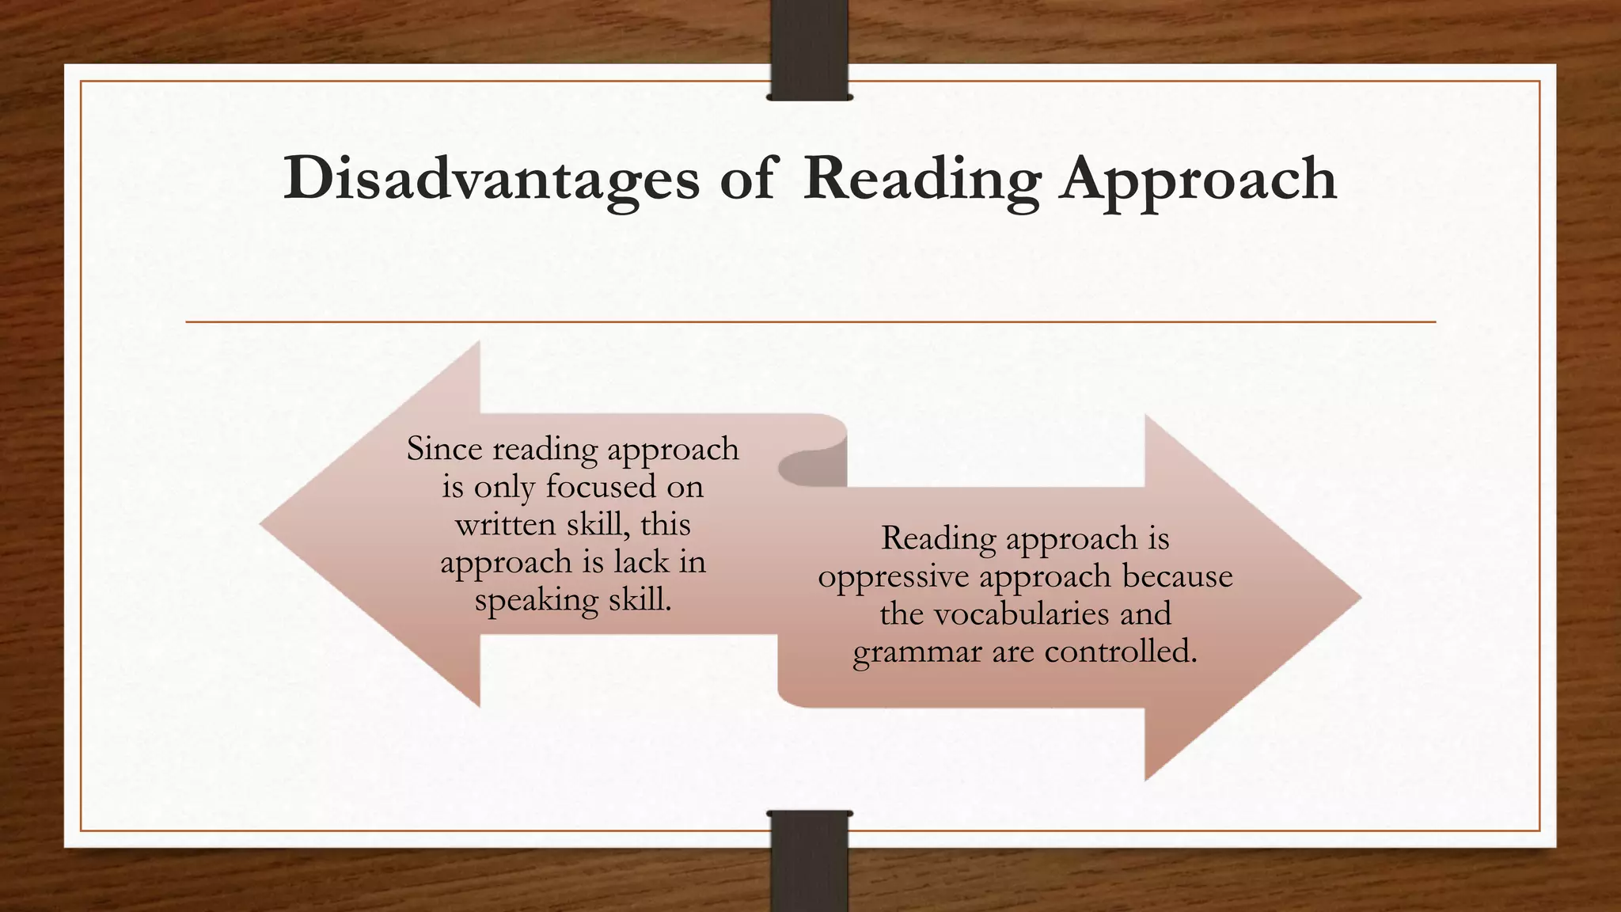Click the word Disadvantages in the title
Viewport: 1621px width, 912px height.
pos(491,179)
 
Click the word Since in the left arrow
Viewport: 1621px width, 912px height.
pos(444,449)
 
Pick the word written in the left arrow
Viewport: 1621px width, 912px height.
pos(505,524)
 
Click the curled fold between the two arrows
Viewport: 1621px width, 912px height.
pos(811,467)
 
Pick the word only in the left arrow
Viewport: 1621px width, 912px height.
pos(503,486)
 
